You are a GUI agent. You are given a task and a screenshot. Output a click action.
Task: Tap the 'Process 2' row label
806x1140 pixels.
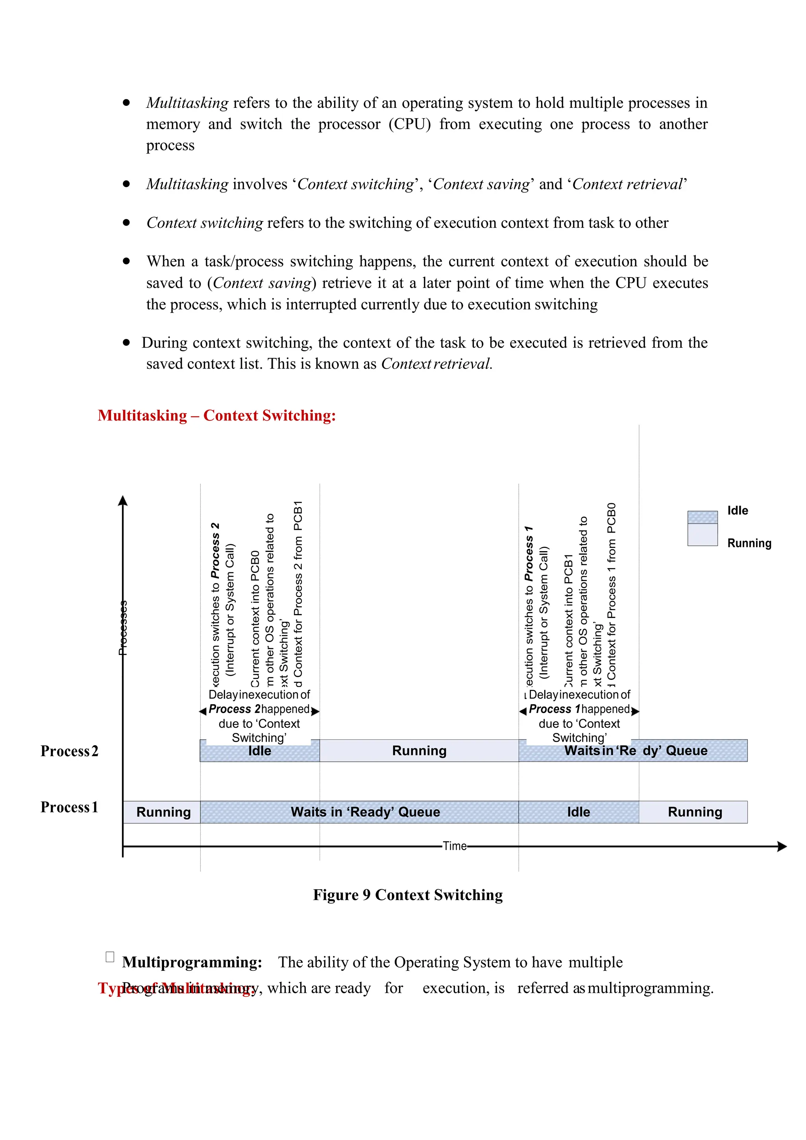click(x=70, y=751)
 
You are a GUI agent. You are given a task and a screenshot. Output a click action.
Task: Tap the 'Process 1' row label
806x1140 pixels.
click(x=70, y=807)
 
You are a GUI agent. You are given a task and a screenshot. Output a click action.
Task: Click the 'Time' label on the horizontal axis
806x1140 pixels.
click(x=455, y=846)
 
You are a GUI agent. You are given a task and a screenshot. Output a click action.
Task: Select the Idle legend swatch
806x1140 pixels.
click(x=702, y=517)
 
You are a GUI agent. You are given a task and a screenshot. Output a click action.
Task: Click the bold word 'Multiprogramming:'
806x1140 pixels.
click(x=192, y=962)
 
